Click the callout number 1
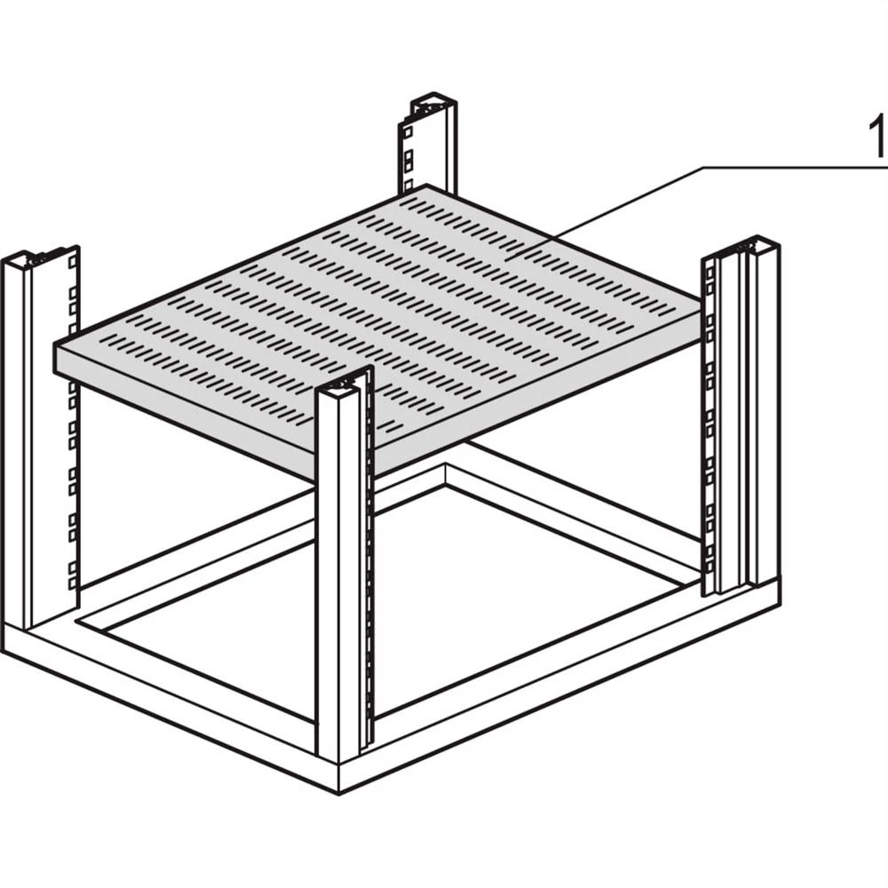tap(877, 138)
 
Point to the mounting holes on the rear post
tap(408, 151)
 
